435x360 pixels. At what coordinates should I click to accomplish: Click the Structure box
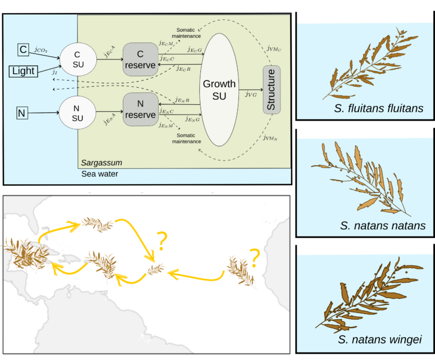tap(271, 90)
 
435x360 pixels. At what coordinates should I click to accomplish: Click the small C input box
tap(23, 50)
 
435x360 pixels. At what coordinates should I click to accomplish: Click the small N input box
tap(22, 113)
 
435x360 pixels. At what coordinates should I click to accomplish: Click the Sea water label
tap(100, 174)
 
